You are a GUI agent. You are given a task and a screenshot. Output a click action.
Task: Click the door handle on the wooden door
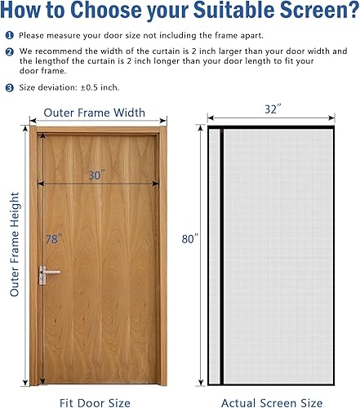[50, 273]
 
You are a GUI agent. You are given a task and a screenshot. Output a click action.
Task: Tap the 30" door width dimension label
[98, 175]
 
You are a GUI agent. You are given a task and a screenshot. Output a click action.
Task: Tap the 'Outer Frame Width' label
[94, 113]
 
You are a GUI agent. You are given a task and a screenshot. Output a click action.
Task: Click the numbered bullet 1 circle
[9, 36]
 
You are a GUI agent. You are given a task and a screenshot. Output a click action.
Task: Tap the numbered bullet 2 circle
[9, 51]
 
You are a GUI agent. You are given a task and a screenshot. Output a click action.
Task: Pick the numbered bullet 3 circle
[9, 86]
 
